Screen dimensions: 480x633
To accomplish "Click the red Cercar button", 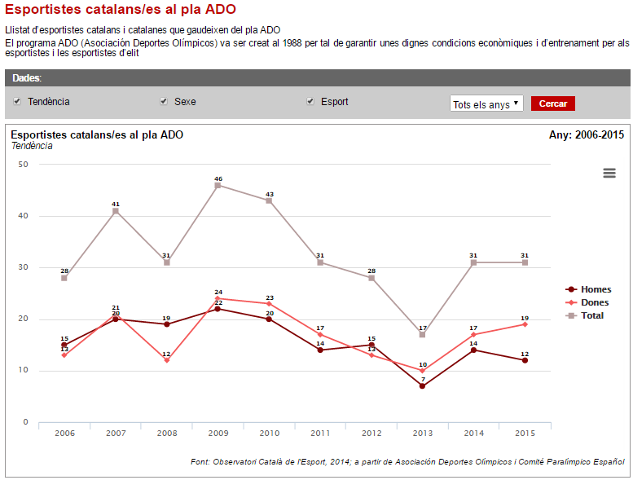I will [x=553, y=103].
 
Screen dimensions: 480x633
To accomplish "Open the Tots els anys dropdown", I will [x=486, y=103].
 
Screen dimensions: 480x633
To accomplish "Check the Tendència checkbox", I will [x=17, y=102].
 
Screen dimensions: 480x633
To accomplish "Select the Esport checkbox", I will [x=310, y=102].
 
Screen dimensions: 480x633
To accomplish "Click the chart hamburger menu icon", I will [x=609, y=173].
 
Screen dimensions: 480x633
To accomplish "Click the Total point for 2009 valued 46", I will [x=218, y=185].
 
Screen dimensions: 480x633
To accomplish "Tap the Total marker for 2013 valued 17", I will [x=422, y=335].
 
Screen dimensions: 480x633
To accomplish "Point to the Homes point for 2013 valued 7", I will [x=422, y=386].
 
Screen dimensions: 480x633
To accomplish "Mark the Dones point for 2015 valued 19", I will [x=525, y=324].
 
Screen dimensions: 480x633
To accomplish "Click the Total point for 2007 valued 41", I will [x=116, y=211].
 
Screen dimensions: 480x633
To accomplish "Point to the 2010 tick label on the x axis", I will [x=269, y=433].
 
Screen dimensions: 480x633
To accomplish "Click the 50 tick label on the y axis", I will [x=23, y=165].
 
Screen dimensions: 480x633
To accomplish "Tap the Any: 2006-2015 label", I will [x=587, y=134].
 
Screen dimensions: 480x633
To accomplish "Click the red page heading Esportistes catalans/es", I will [x=121, y=10].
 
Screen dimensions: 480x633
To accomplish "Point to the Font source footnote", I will [x=407, y=461].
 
